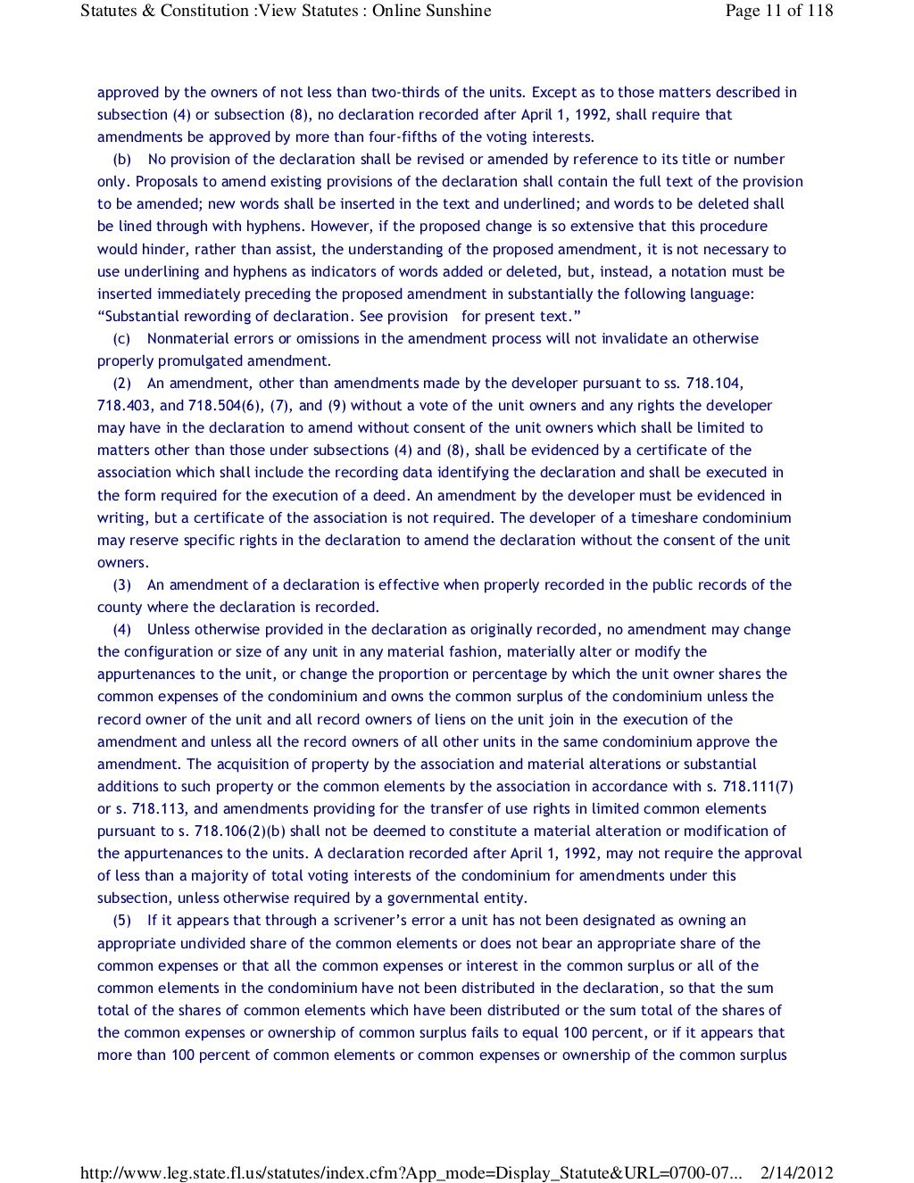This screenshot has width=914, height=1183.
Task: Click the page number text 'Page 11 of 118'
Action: [779, 12]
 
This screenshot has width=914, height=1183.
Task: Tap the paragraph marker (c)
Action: [122, 339]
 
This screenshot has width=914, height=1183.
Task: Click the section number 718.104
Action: [714, 384]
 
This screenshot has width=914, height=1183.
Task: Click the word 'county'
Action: [120, 608]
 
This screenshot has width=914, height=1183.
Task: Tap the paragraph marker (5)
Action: [122, 921]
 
